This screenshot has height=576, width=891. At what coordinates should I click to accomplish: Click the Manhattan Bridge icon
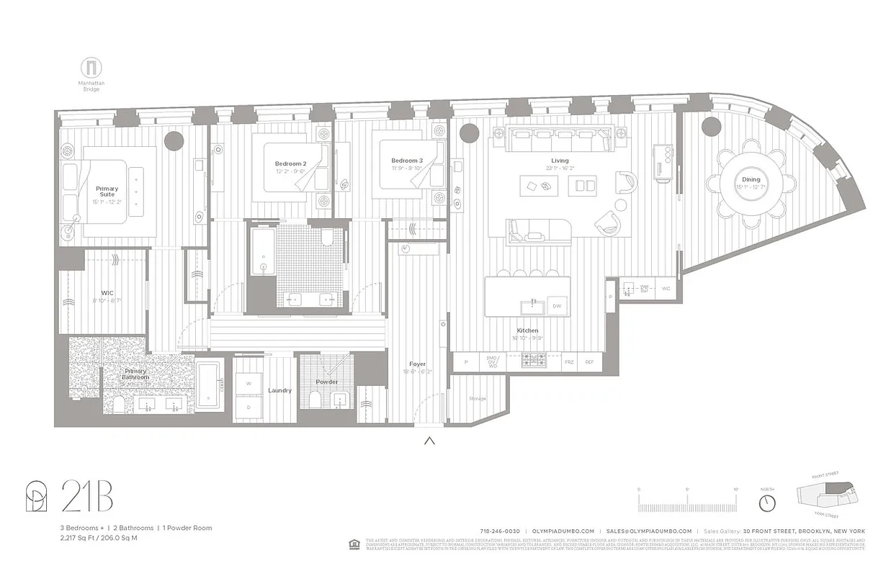click(91, 68)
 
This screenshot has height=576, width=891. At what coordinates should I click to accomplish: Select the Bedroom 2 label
click(290, 164)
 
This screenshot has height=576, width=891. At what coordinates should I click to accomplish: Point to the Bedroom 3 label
click(407, 161)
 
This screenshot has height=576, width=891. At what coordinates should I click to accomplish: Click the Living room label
click(560, 161)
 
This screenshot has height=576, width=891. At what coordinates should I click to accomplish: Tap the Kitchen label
click(527, 330)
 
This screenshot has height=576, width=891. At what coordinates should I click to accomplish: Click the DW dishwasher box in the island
click(557, 306)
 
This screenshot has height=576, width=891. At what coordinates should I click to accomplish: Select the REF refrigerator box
click(589, 362)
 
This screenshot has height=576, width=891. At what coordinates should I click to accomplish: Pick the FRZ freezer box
click(569, 362)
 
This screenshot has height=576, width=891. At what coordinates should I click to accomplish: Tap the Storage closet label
click(477, 398)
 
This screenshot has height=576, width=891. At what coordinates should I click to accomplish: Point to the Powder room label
click(326, 382)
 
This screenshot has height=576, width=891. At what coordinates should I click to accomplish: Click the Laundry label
click(279, 390)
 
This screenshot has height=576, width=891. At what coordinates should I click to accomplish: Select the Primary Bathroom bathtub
click(210, 385)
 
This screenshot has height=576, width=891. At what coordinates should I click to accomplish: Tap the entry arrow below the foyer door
click(429, 441)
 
